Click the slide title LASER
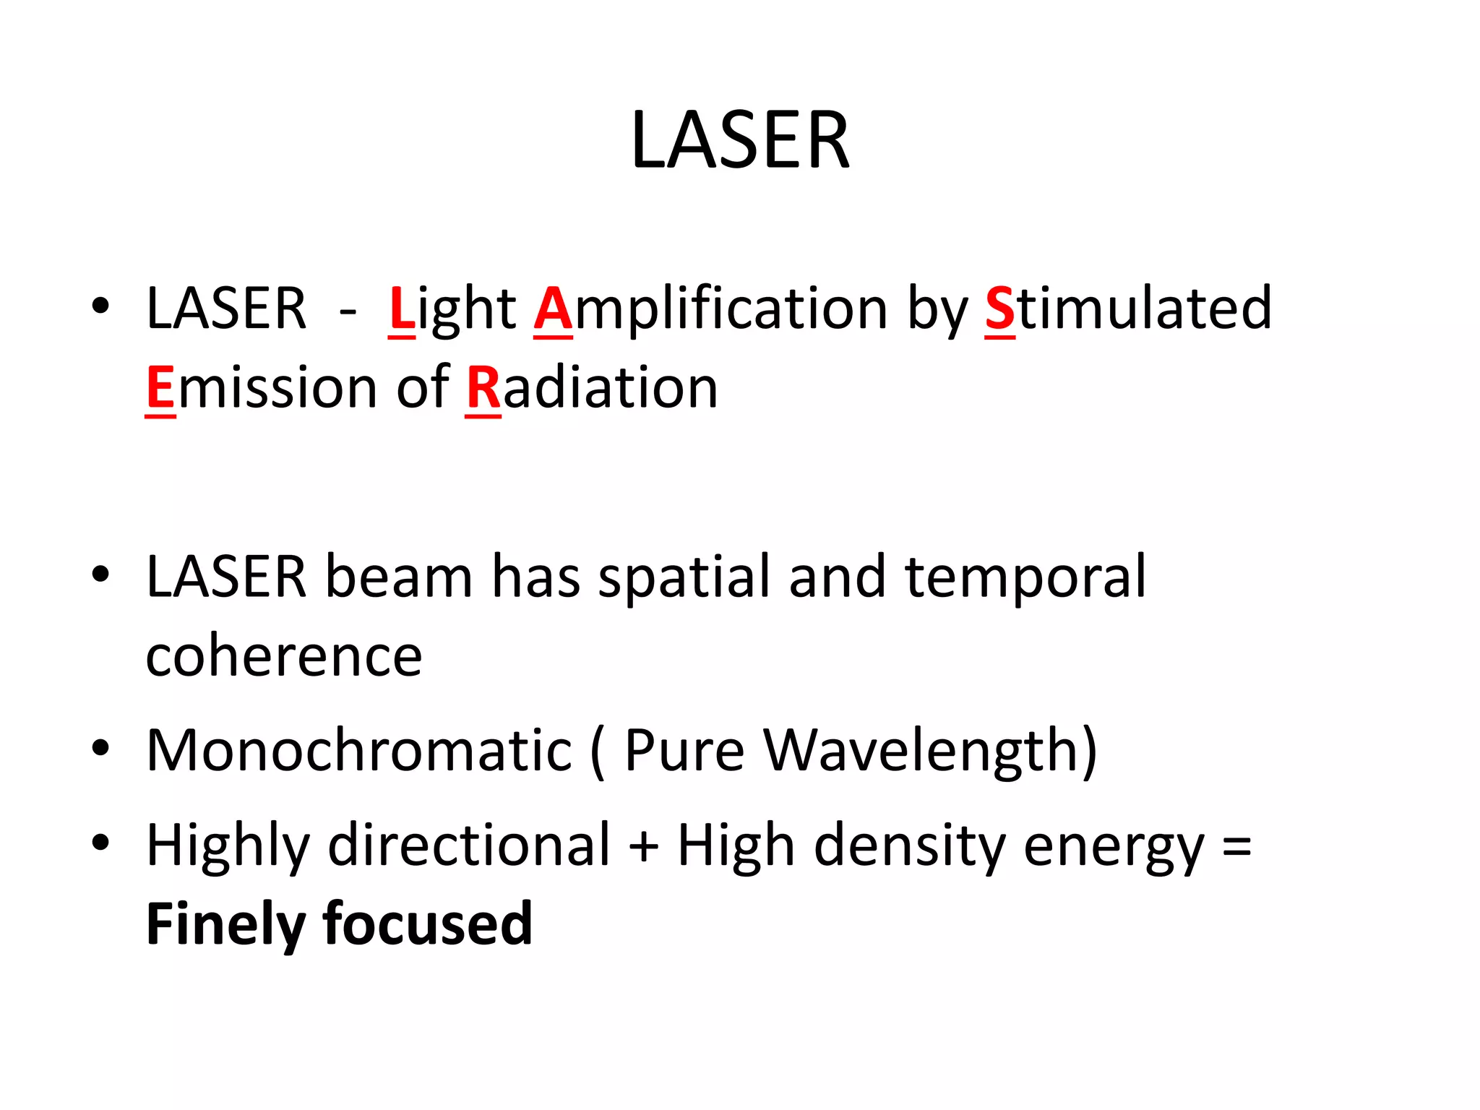[740, 140]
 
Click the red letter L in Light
[402, 309]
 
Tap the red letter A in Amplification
[553, 309]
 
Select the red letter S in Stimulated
[1000, 309]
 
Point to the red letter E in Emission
[160, 388]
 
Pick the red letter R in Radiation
[483, 388]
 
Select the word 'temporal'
[1025, 578]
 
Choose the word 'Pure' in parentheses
[684, 752]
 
